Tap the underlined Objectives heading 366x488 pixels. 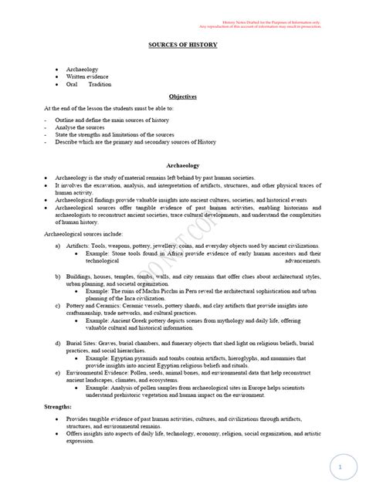[183, 97]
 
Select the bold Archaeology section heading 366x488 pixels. [183, 165]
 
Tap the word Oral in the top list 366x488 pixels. [73, 84]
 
